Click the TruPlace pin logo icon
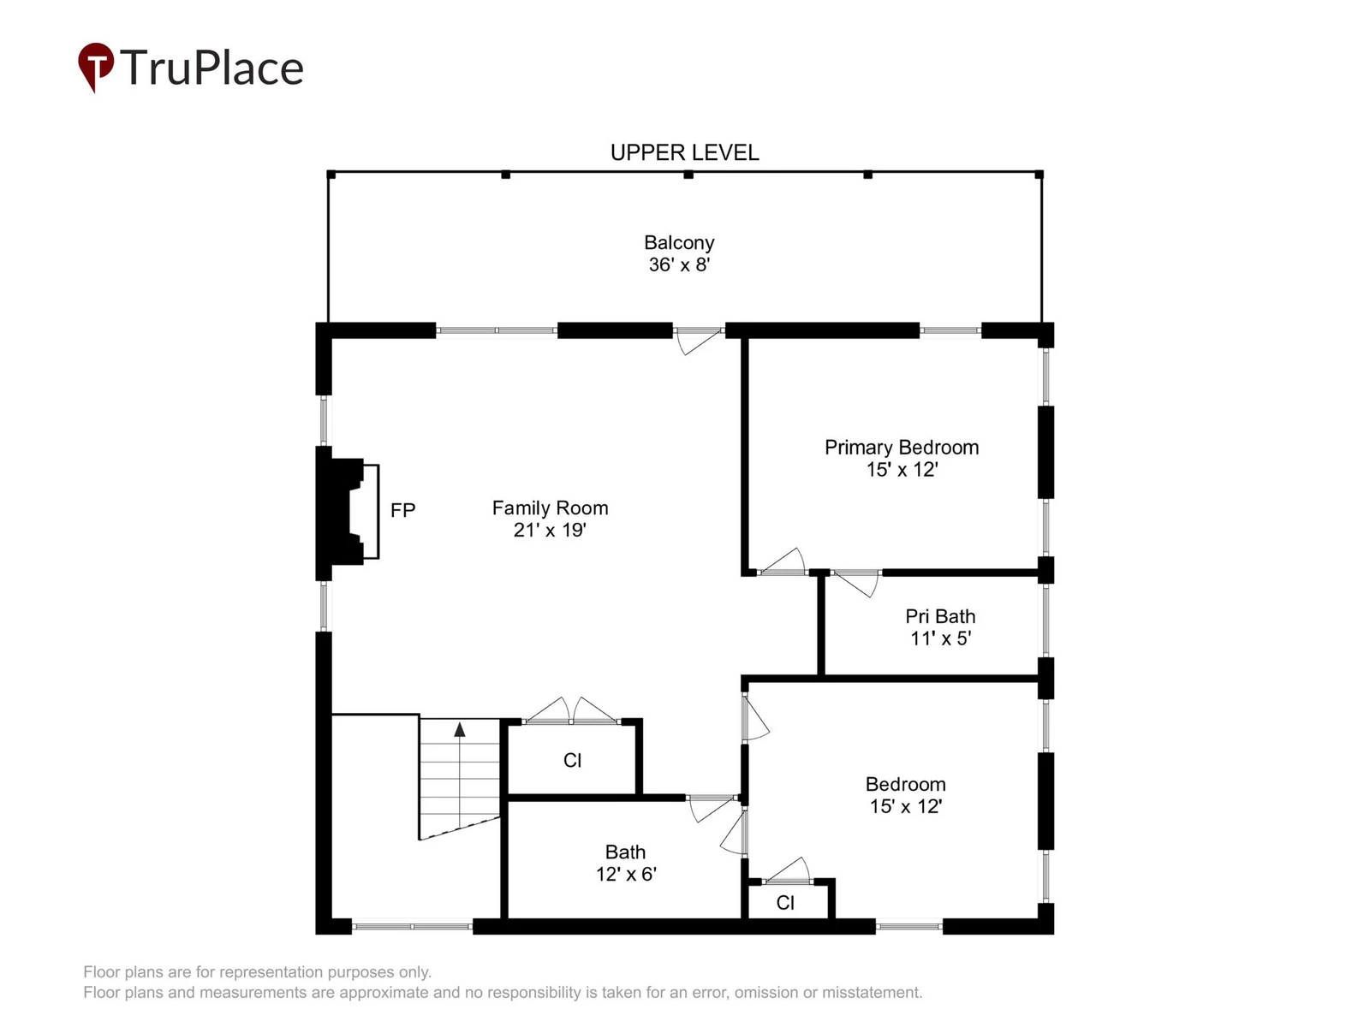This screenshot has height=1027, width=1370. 96,66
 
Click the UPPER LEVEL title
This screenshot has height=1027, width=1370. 685,153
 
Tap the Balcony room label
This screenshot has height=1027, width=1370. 679,242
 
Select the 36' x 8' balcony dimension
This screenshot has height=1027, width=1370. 679,264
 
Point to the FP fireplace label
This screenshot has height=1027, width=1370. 402,510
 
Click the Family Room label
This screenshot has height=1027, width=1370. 550,508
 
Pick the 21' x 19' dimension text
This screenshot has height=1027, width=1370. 549,530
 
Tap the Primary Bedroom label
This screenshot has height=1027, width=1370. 902,447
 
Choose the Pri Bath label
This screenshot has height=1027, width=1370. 940,616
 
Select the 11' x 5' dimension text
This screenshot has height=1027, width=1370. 940,638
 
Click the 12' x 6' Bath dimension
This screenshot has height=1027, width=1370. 625,874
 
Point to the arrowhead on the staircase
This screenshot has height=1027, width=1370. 459,729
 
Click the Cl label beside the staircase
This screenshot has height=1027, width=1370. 572,760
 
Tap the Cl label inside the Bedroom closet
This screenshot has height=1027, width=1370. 785,902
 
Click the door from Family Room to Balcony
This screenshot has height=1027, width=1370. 699,341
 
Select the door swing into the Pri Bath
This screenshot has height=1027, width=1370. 856,583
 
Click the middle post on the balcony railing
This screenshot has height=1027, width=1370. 688,175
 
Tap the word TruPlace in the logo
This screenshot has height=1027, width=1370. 211,68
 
